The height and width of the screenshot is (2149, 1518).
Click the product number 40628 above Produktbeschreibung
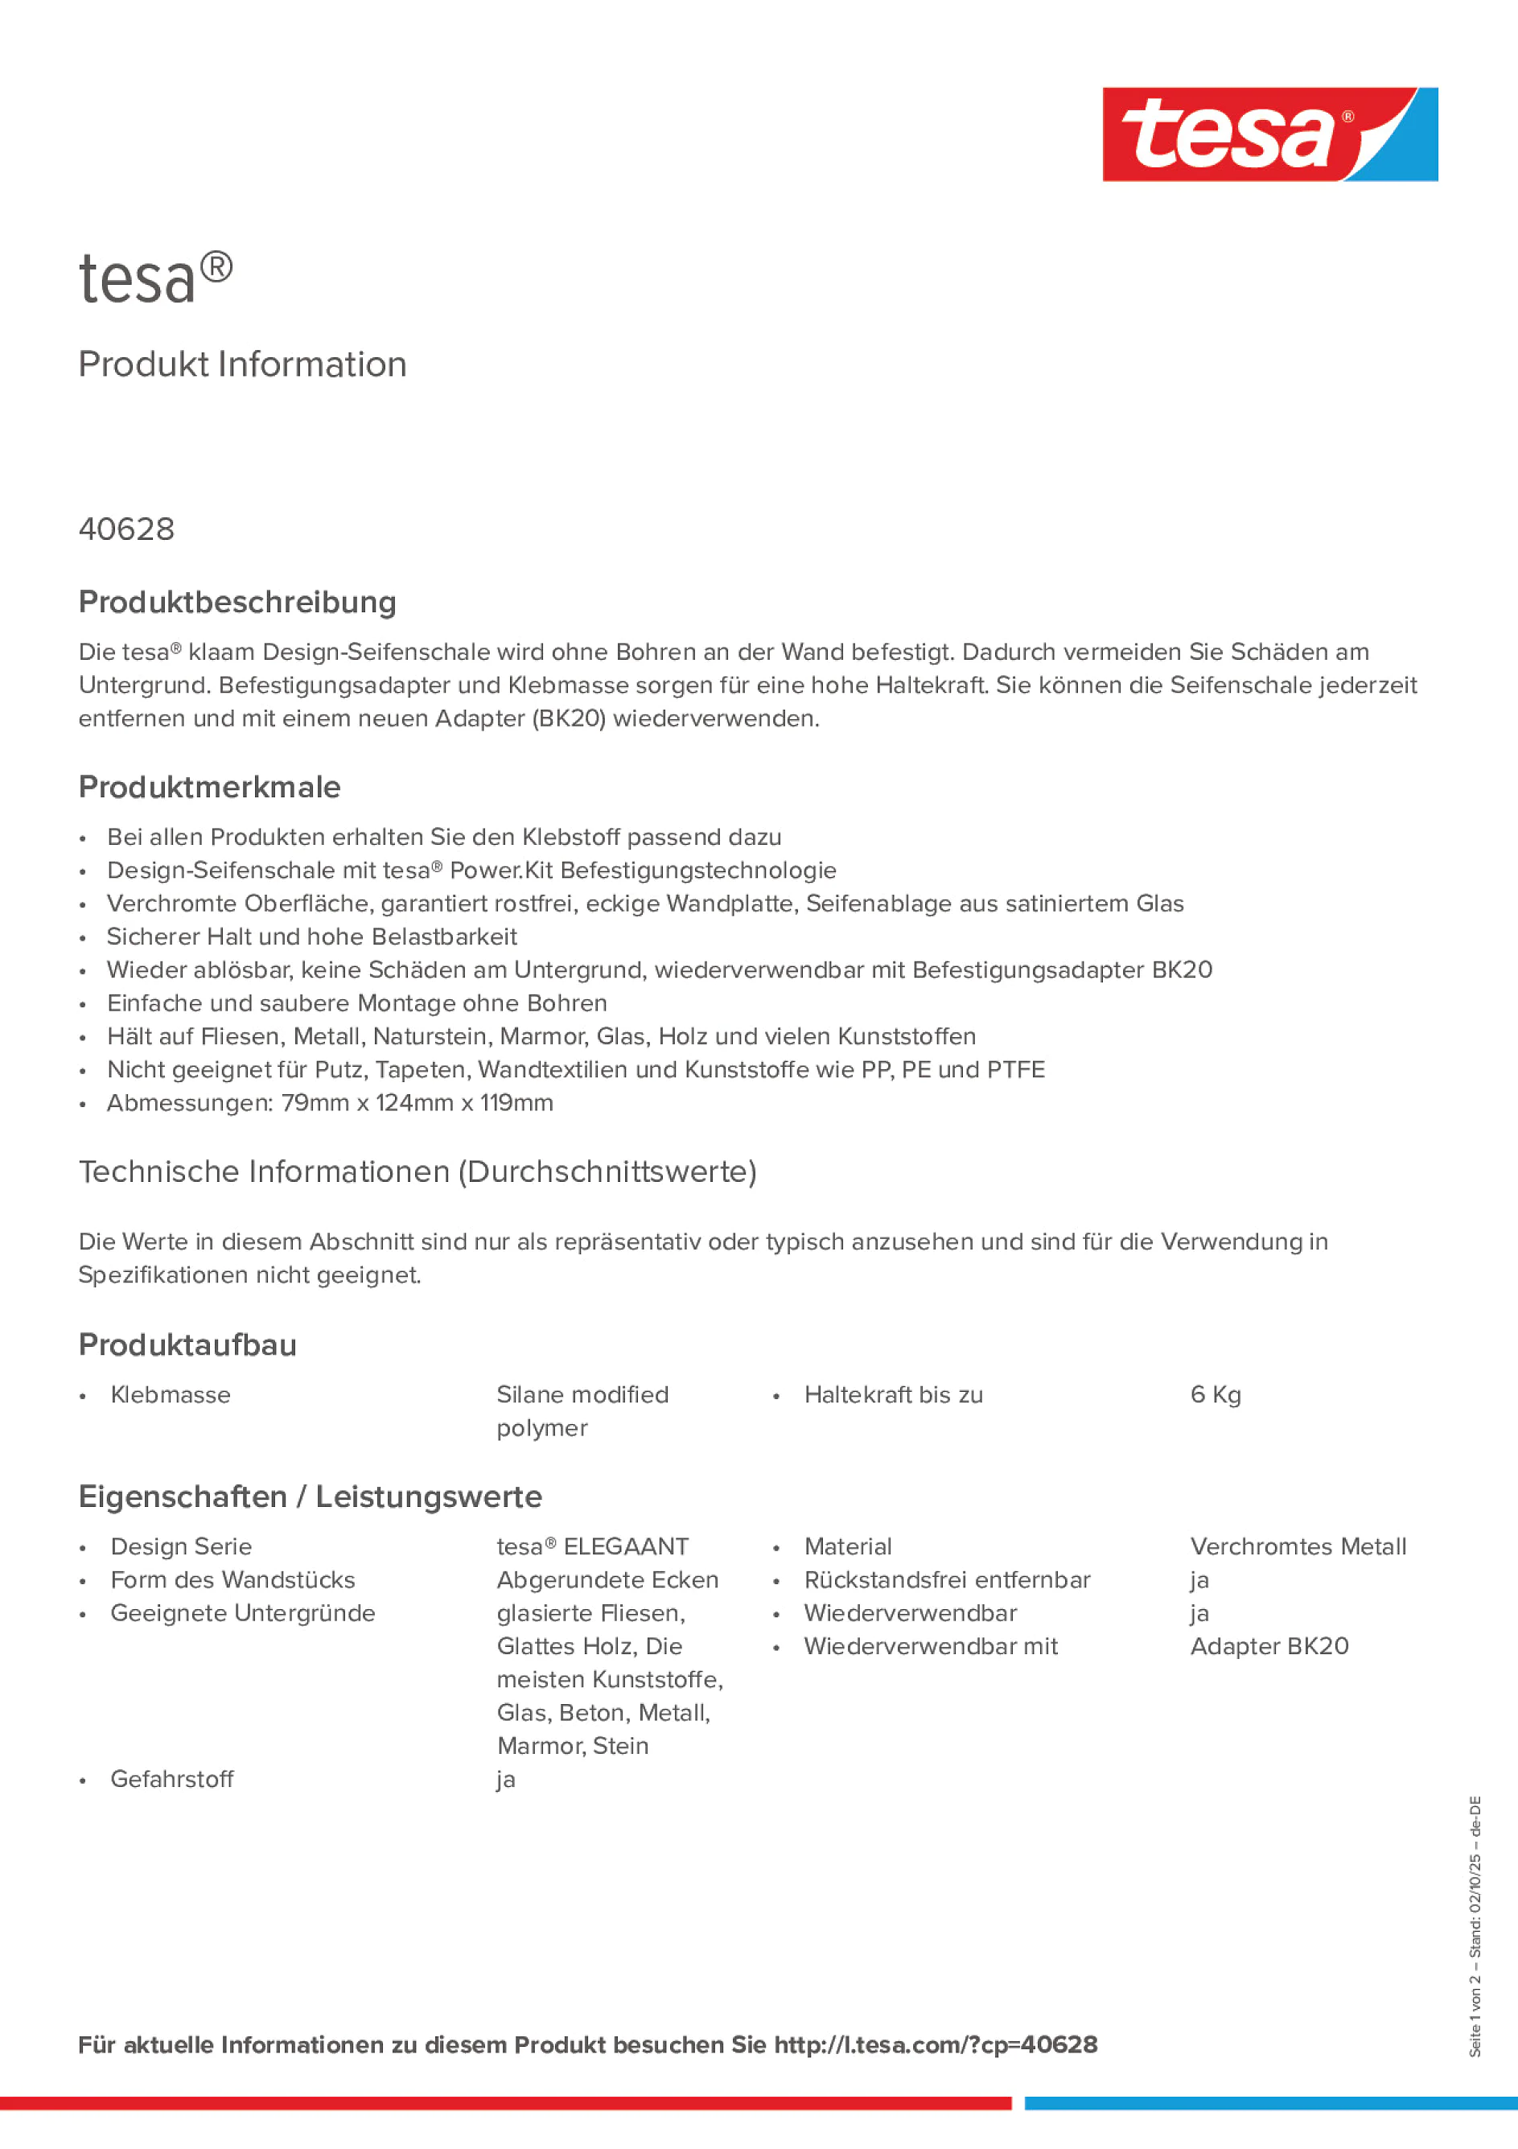126,529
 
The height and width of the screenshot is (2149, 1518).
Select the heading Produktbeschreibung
237,602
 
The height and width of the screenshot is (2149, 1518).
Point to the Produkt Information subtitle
242,364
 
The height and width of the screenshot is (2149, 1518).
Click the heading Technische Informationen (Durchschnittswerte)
418,1171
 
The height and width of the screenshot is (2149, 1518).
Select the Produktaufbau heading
187,1344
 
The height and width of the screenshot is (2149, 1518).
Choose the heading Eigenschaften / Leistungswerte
310,1496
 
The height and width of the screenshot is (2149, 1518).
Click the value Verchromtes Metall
1297,1546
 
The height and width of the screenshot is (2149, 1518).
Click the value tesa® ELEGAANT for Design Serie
591,1546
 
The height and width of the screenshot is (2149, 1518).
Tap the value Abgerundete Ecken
607,1580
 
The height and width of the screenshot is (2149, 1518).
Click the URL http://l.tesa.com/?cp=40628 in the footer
935,2044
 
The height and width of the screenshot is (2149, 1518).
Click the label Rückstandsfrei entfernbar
946,1580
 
